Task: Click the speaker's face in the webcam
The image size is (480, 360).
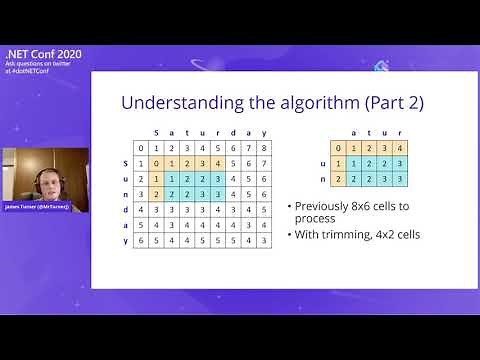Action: (x=45, y=181)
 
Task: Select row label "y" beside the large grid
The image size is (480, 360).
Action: (x=125, y=241)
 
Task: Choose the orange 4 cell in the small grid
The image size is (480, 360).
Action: (x=399, y=148)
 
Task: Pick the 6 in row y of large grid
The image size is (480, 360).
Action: (x=140, y=241)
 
